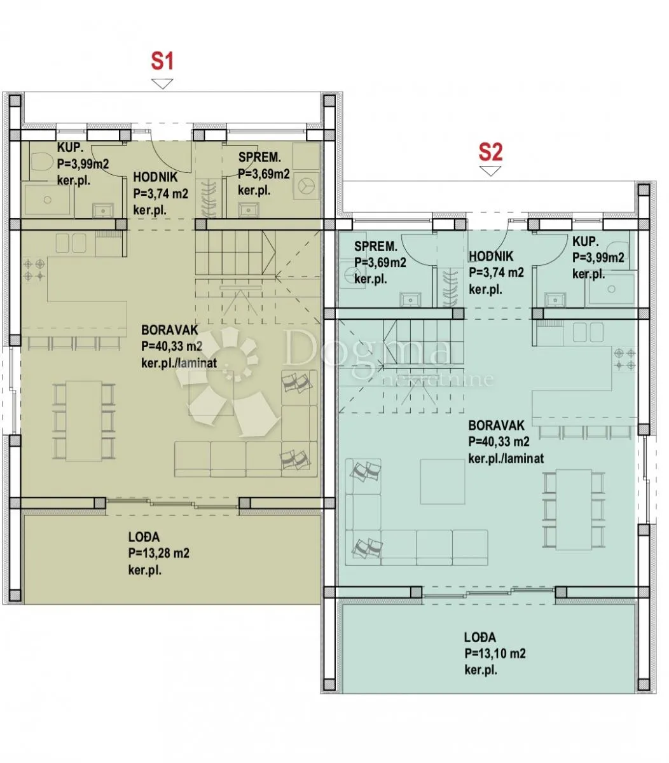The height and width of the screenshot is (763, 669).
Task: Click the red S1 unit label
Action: [162, 62]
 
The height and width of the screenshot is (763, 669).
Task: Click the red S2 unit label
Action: [490, 153]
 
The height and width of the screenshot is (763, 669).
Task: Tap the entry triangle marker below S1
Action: [162, 84]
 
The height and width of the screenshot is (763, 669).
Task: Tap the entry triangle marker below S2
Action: [490, 171]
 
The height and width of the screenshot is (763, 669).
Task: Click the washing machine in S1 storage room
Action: [306, 185]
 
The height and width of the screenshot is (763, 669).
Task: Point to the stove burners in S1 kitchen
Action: [34, 270]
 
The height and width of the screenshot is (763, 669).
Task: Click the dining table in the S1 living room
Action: [84, 421]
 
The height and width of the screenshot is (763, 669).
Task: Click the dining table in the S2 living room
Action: [574, 509]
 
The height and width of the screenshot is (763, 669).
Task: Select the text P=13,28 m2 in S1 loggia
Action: [158, 553]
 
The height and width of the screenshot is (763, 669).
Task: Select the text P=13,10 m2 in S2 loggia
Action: [495, 653]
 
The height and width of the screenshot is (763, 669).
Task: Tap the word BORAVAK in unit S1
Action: [170, 330]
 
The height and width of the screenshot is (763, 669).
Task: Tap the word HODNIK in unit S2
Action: [491, 256]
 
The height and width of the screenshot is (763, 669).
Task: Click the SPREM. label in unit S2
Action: [376, 246]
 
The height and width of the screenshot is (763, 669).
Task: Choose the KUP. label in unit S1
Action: [70, 148]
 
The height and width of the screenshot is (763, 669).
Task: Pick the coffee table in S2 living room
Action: [442, 481]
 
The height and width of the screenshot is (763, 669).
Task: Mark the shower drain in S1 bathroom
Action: [48, 200]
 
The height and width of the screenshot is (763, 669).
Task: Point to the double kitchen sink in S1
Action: [71, 243]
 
